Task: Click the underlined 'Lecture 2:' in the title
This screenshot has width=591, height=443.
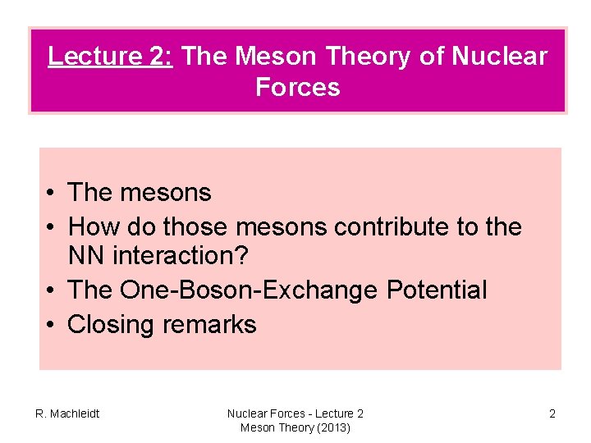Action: [x=110, y=56]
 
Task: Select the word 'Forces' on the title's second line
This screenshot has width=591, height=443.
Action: [x=297, y=86]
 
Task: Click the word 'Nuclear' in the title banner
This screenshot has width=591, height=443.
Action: [x=501, y=56]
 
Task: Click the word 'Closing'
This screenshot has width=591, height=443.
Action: [x=112, y=324]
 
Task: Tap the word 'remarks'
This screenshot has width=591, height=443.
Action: [x=209, y=324]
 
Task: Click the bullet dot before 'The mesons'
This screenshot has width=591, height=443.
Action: [x=51, y=194]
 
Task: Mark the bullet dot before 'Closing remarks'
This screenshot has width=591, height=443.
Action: [x=51, y=325]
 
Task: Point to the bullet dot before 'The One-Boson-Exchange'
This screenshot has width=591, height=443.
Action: [x=51, y=290]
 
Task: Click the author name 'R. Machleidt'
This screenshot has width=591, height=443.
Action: [x=66, y=413]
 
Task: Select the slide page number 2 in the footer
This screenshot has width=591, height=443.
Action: [x=552, y=413]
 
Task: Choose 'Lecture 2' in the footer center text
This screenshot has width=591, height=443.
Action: [x=337, y=413]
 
